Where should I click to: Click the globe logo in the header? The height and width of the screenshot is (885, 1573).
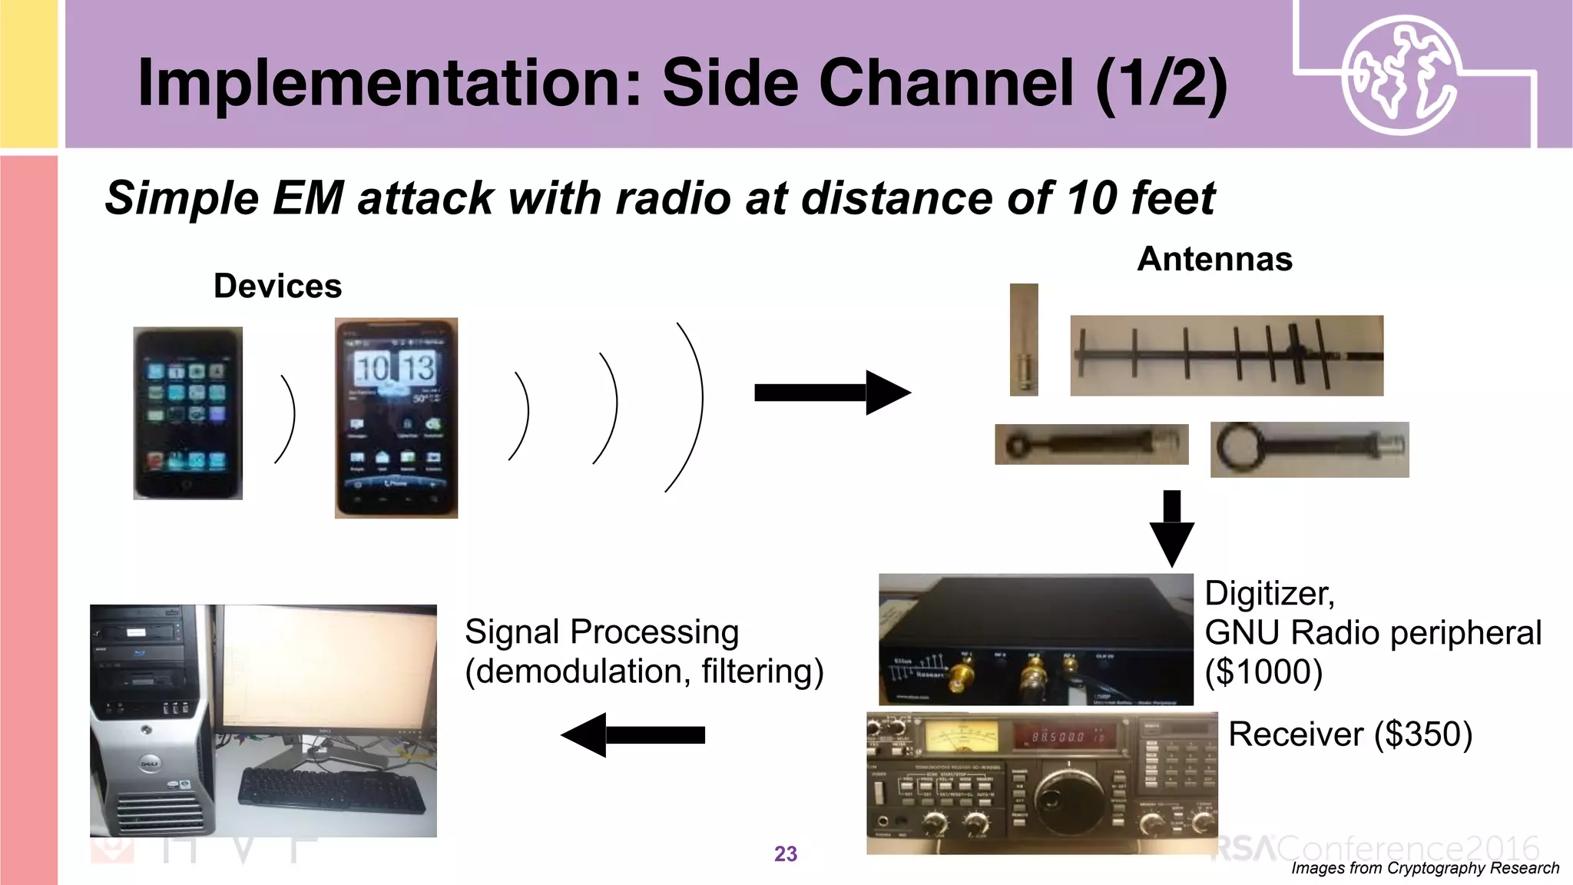[1399, 75]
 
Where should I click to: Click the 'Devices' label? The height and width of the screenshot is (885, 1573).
[277, 287]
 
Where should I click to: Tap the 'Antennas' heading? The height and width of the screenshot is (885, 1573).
[1214, 259]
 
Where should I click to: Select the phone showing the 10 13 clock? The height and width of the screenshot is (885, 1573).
[396, 418]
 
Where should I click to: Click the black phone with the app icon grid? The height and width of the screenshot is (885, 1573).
[188, 413]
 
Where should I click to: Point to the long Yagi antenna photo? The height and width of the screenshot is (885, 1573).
[1227, 356]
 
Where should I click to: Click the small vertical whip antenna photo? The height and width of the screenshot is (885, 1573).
[1024, 340]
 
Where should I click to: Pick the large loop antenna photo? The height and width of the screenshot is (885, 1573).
[1309, 449]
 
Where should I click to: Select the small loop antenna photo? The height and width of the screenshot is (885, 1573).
[1091, 444]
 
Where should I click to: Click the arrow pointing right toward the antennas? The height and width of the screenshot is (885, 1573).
[831, 393]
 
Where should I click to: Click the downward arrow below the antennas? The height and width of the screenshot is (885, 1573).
[1171, 529]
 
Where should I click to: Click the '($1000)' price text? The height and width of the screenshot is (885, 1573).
[1263, 672]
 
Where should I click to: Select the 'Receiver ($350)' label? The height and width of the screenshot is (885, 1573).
[1349, 734]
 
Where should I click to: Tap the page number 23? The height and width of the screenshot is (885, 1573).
[785, 854]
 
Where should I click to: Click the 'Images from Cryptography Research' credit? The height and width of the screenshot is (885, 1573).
[1425, 868]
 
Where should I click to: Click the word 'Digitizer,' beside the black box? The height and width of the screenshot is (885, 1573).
[1269, 593]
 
